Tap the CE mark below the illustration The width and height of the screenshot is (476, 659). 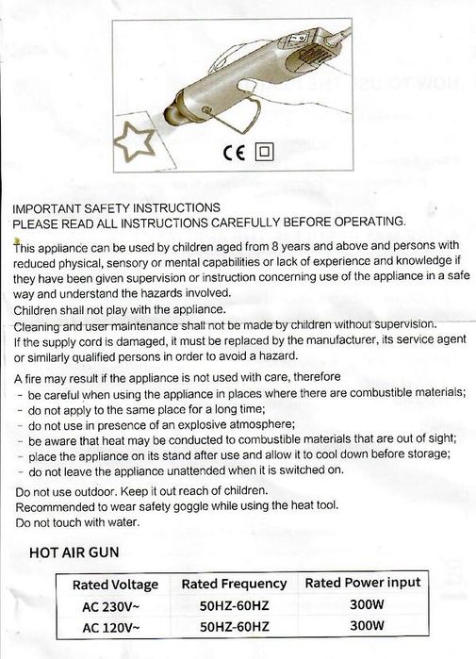pyautogui.click(x=234, y=152)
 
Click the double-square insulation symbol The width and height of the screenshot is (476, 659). pyautogui.click(x=265, y=152)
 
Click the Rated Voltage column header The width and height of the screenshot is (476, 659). pyautogui.click(x=115, y=585)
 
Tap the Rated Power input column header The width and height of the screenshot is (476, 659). pyautogui.click(x=363, y=584)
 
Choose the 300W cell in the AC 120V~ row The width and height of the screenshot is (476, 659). pyautogui.click(x=363, y=626)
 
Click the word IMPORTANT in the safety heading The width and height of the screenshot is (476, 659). pyautogui.click(x=44, y=207)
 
